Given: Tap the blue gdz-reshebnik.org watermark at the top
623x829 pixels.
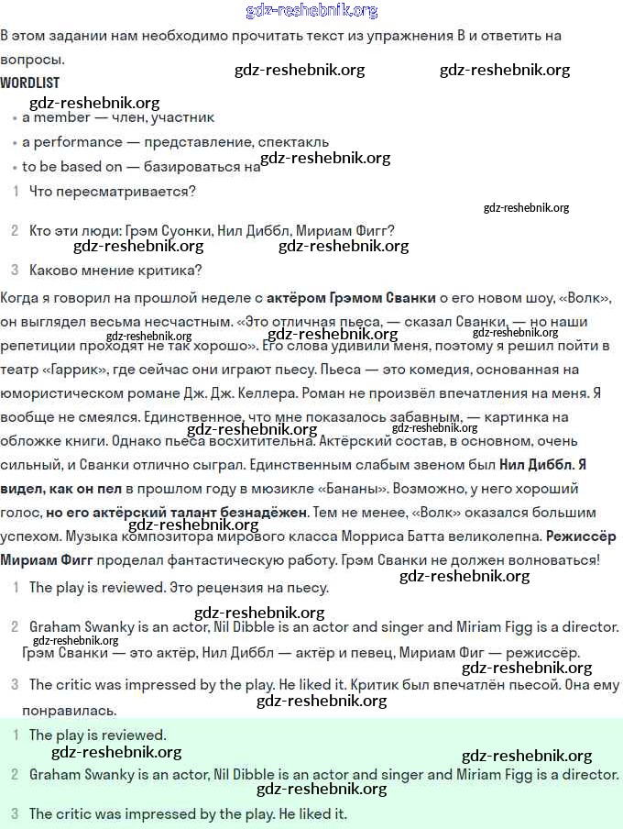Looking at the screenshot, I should [x=311, y=11].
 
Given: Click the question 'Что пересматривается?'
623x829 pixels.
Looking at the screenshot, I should [x=113, y=192].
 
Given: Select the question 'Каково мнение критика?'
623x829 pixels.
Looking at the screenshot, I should [x=115, y=270].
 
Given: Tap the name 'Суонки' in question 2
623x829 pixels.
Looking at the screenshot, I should [x=190, y=230].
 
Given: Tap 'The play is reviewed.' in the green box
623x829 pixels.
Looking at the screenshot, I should [x=97, y=735].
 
